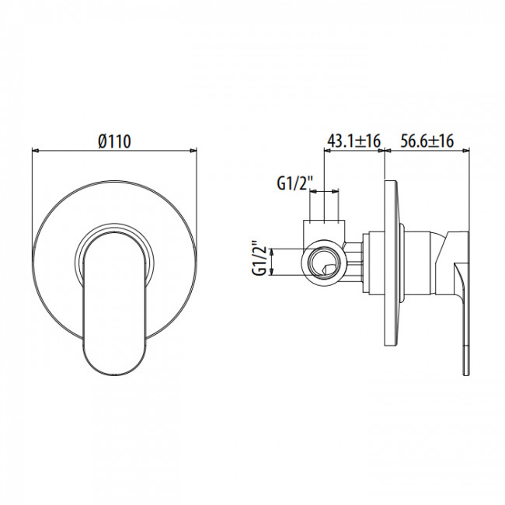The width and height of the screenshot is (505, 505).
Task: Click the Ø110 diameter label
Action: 115,141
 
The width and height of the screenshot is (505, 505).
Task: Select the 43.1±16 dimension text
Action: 354,141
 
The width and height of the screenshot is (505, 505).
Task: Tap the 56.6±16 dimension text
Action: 427,141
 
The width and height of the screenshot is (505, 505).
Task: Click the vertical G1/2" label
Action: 260,261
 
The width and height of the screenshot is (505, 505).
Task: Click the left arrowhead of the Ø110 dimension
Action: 36,151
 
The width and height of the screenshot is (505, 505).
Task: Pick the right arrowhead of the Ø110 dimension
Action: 193,151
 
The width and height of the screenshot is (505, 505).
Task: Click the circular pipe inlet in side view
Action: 325,262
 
